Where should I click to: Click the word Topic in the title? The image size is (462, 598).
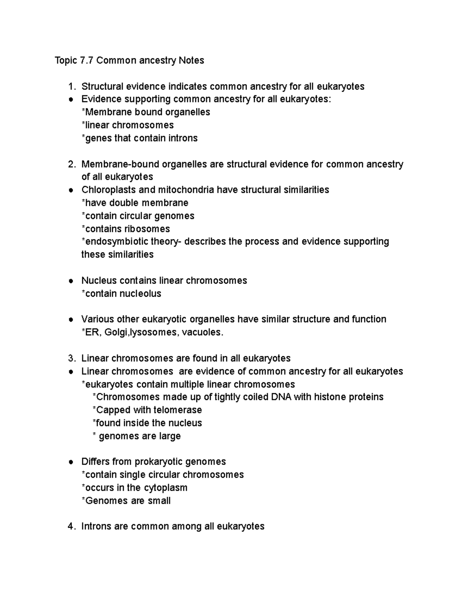pos(66,60)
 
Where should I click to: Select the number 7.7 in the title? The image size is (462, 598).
pos(87,60)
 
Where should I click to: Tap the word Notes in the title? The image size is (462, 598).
pos(191,60)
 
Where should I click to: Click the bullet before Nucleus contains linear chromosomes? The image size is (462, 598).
pos(71,281)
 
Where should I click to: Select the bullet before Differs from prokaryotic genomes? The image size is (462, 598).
pos(71,462)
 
